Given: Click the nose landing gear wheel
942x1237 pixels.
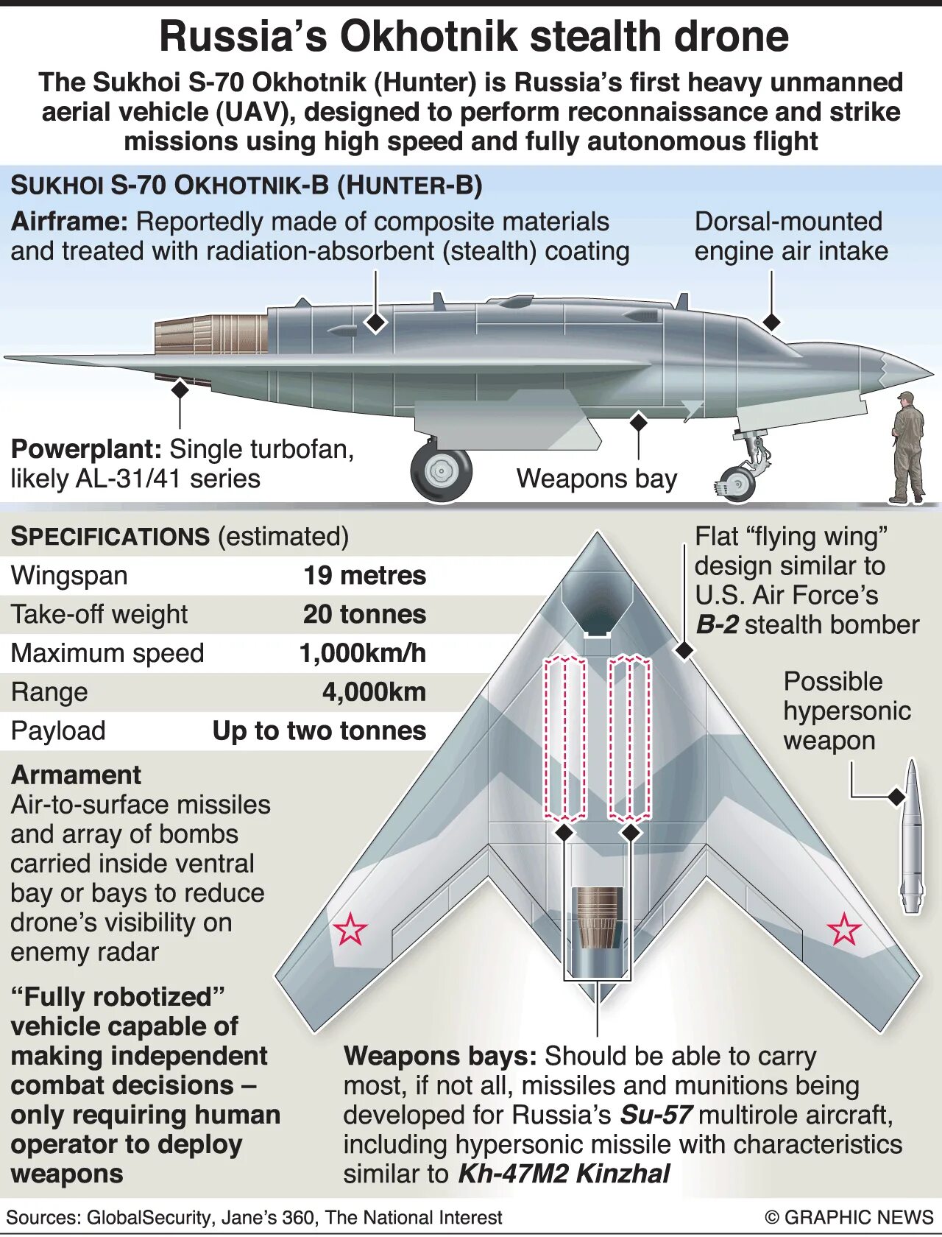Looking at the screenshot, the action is (737, 484).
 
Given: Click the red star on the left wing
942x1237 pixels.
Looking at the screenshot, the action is (350, 929).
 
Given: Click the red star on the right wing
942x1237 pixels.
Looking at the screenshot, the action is (844, 929).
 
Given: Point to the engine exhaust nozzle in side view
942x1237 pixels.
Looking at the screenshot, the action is (211, 335).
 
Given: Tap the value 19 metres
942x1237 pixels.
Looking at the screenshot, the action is (364, 575).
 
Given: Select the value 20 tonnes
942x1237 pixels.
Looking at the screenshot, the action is (364, 614).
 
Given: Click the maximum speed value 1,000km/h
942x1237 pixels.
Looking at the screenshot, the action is (362, 653).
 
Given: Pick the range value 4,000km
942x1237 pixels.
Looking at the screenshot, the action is (374, 692).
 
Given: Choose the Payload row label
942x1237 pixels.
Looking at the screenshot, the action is (58, 730).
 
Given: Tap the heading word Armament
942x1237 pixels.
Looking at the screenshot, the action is (76, 775).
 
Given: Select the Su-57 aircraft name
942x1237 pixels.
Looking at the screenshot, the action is (655, 1115).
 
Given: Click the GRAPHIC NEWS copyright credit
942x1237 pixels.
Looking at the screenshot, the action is (849, 1217).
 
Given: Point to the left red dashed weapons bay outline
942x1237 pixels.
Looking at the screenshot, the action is (564, 738).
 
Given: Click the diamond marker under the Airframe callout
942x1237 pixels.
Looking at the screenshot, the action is (376, 322).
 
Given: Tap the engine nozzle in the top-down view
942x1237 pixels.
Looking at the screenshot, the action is (598, 917).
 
